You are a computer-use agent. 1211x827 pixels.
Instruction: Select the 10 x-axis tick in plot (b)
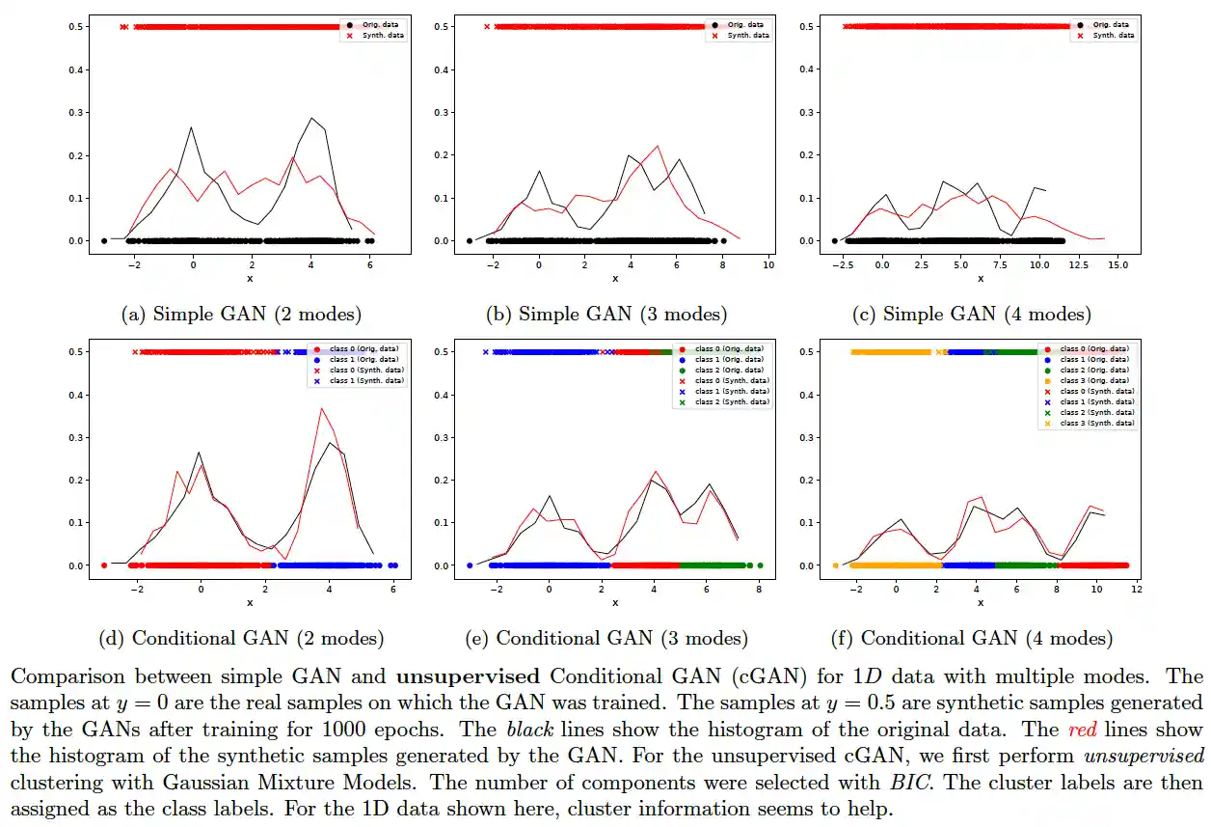[x=768, y=264]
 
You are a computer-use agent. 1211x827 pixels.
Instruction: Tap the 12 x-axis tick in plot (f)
[x=1137, y=589]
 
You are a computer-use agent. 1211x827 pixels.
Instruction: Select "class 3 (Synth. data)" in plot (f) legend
[x=1097, y=423]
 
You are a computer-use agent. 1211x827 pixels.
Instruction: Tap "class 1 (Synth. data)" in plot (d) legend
[x=366, y=381]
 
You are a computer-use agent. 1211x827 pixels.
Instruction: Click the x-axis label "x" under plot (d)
[x=250, y=603]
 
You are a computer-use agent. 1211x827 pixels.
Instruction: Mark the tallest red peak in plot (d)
[x=322, y=408]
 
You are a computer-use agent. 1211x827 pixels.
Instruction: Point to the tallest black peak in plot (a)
[x=311, y=119]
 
